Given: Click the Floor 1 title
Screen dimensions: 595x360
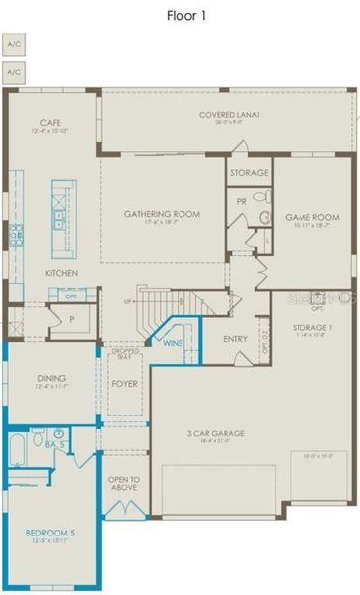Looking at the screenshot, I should (x=180, y=15).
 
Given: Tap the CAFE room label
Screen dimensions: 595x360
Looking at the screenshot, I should (x=52, y=124).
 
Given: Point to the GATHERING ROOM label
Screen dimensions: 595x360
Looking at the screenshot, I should (x=163, y=214).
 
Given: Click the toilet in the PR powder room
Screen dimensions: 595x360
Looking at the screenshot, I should (x=265, y=217).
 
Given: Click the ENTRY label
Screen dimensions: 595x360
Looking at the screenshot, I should (x=235, y=339).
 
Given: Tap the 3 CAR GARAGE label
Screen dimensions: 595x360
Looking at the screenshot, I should (x=216, y=433).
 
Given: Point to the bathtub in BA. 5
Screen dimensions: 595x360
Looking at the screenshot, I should (x=18, y=451).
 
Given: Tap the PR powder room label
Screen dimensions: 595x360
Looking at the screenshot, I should (x=242, y=199).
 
